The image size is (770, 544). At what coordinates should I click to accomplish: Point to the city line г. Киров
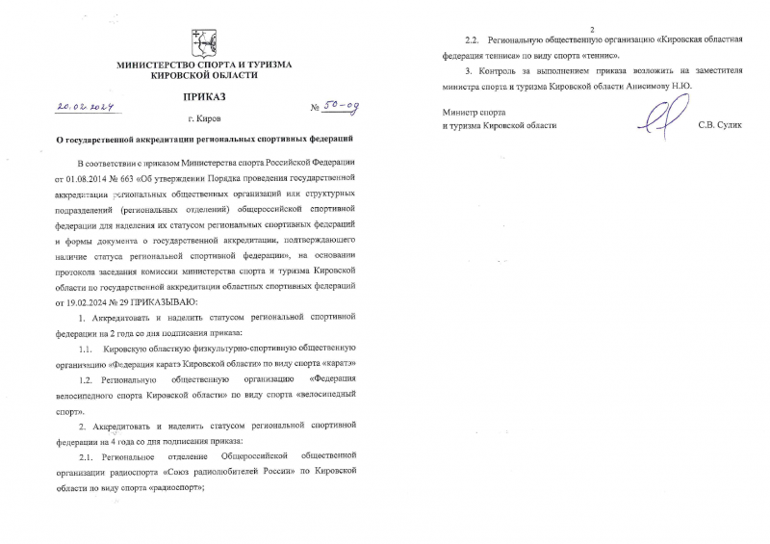click(202, 120)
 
